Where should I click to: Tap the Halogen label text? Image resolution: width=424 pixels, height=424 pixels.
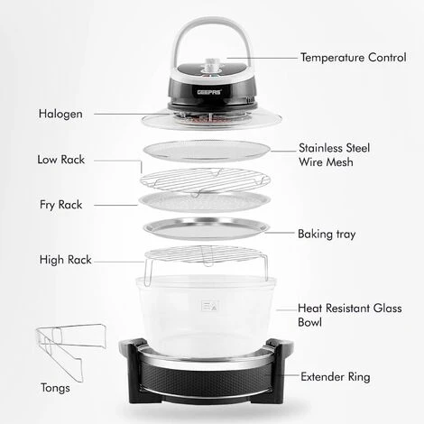[62, 115]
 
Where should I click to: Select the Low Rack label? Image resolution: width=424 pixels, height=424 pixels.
[61, 160]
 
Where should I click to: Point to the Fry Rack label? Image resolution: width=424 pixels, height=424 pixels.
[60, 205]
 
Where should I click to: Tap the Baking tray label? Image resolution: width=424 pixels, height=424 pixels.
[327, 234]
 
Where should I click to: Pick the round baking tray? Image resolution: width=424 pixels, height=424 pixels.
[206, 228]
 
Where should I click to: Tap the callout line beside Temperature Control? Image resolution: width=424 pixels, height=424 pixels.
[270, 56]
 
